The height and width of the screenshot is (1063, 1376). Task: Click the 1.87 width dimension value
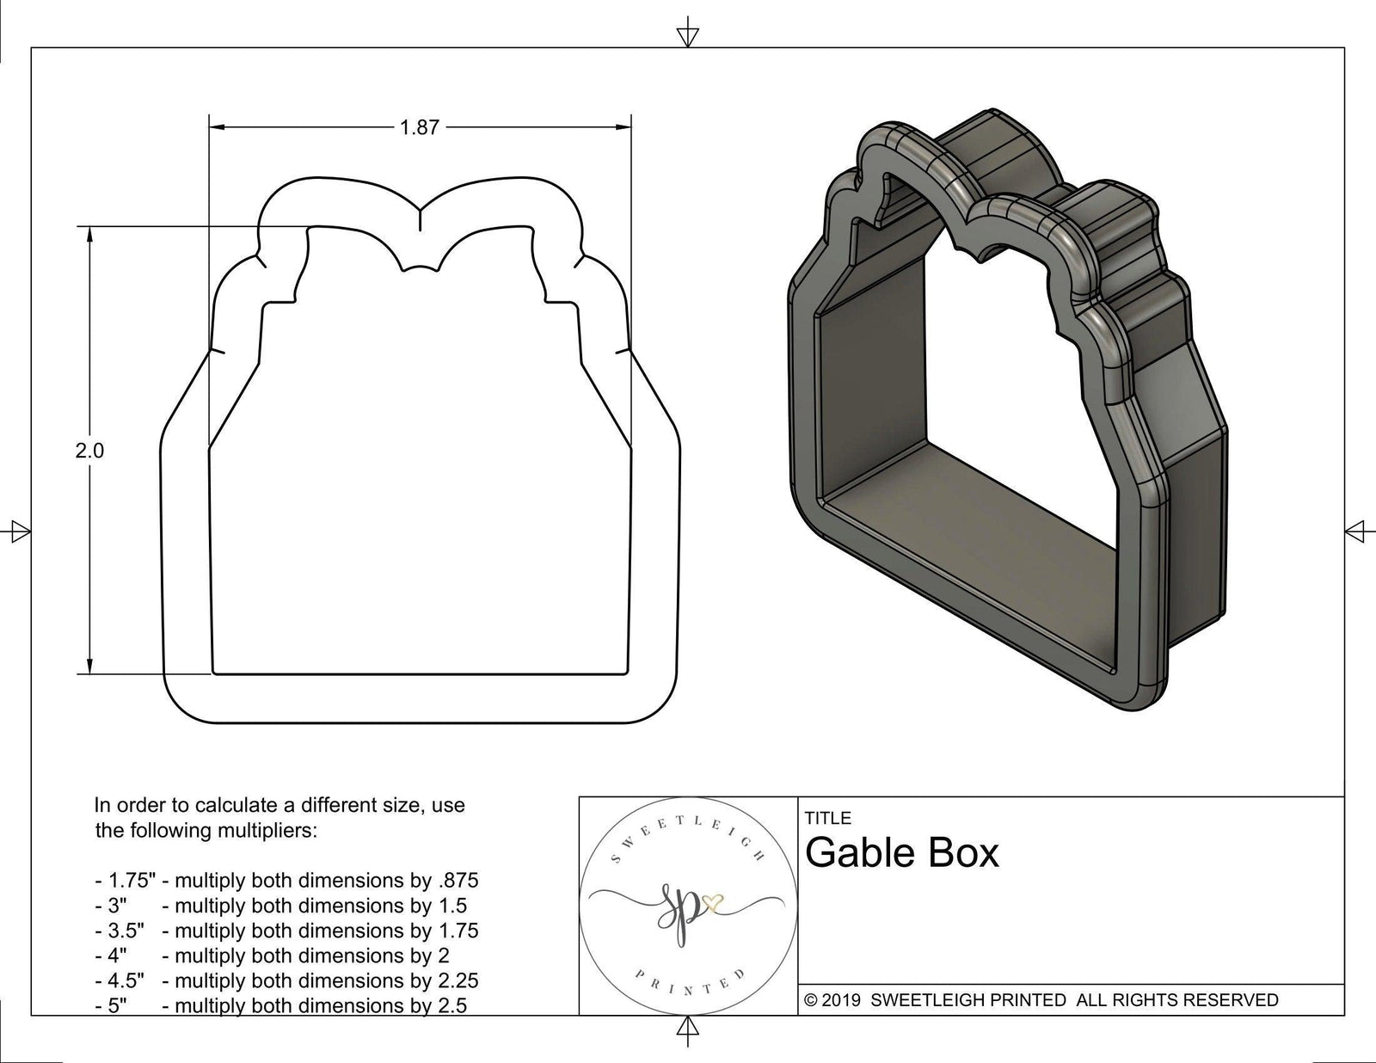coord(419,128)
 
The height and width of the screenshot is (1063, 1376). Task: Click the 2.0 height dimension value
coord(89,451)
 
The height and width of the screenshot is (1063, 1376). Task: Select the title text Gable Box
coord(902,853)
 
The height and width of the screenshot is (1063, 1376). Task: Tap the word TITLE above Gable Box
coord(827,818)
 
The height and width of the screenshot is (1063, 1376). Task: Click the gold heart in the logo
coord(714,904)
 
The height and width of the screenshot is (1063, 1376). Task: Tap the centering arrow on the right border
coord(1356,531)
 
